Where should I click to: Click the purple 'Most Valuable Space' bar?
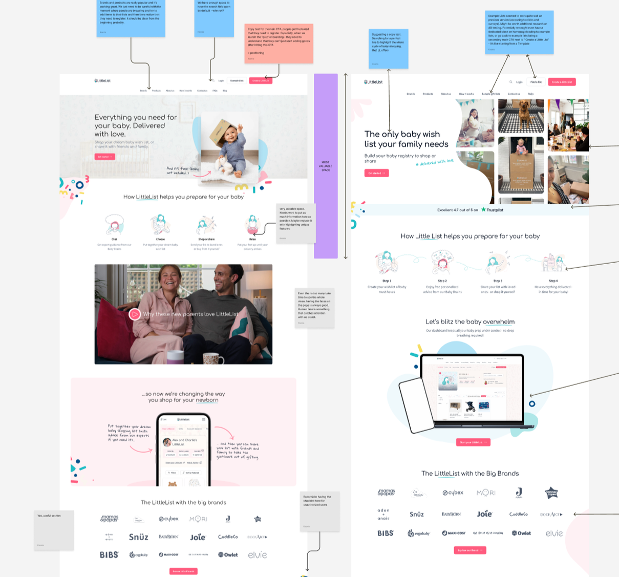326,166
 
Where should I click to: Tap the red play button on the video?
135,314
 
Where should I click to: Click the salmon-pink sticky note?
279,44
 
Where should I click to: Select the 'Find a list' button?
536,82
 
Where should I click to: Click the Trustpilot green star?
483,209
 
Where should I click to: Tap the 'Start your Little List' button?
473,442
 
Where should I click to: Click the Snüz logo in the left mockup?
138,537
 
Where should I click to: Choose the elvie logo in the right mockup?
554,533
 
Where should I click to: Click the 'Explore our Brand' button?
469,550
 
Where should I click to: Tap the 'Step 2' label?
442,281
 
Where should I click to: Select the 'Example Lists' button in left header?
237,80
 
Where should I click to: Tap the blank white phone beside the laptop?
416,405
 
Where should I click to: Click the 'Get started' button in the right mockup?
377,173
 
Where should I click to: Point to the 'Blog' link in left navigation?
225,91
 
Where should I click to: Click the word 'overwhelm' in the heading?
499,322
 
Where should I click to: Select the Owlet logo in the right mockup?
521,533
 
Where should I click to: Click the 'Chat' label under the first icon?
114,239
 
